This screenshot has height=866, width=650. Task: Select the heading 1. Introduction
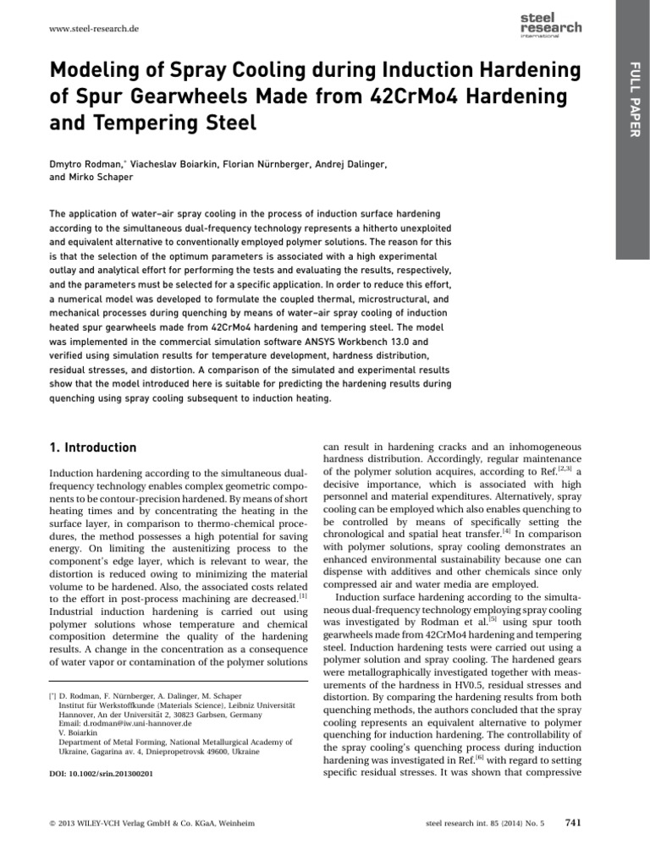pos(93,447)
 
